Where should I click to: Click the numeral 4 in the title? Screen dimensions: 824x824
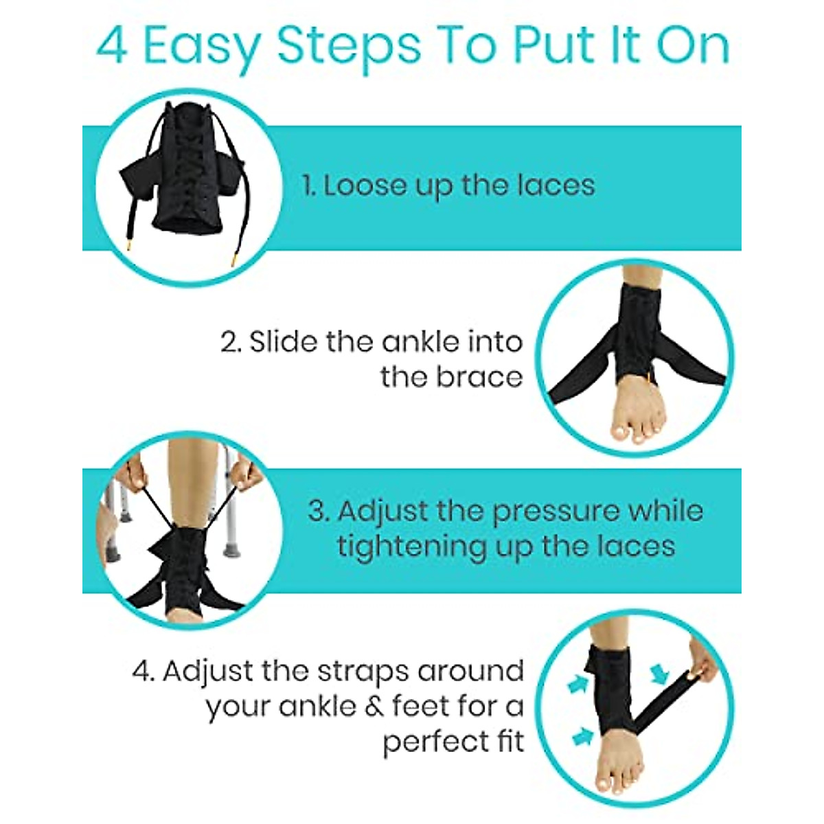pyautogui.click(x=112, y=46)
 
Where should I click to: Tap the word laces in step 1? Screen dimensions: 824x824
pyautogui.click(x=557, y=185)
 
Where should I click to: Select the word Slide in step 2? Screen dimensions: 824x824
pyautogui.click(x=281, y=341)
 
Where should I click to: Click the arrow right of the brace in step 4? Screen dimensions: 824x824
pyautogui.click(x=660, y=674)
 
